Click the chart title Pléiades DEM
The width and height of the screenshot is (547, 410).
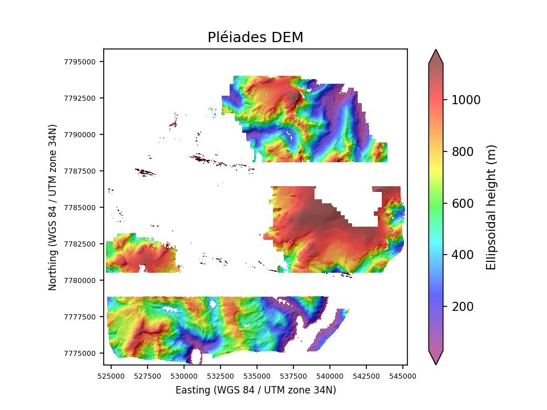tap(255, 38)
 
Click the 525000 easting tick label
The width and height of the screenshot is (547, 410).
tap(111, 376)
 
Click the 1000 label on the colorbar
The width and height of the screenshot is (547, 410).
tap(466, 100)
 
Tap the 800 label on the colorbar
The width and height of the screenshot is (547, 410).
tap(462, 151)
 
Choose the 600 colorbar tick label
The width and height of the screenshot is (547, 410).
tap(462, 203)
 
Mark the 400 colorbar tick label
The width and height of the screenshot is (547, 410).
tap(462, 255)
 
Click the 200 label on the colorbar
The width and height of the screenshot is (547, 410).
tap(462, 307)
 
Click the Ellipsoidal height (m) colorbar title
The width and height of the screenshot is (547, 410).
tap(491, 207)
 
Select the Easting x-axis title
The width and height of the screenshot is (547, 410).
tap(255, 390)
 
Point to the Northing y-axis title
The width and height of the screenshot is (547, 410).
tap(52, 207)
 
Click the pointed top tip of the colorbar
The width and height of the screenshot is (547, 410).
tap(436, 50)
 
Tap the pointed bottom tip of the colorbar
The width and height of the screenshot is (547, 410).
tap(436, 364)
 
